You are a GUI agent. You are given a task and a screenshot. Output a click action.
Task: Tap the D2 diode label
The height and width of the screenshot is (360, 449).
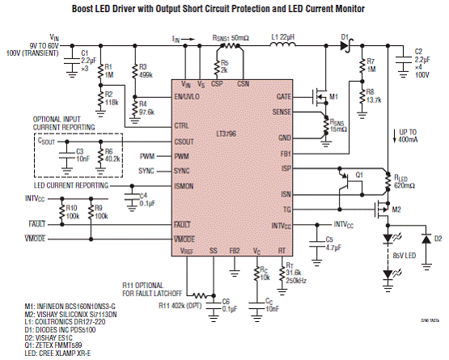(x=438, y=239)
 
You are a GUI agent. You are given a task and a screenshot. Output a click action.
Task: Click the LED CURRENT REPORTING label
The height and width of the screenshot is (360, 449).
(x=77, y=185)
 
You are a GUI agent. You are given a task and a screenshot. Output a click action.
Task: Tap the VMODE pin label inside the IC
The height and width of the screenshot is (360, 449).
(x=188, y=239)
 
